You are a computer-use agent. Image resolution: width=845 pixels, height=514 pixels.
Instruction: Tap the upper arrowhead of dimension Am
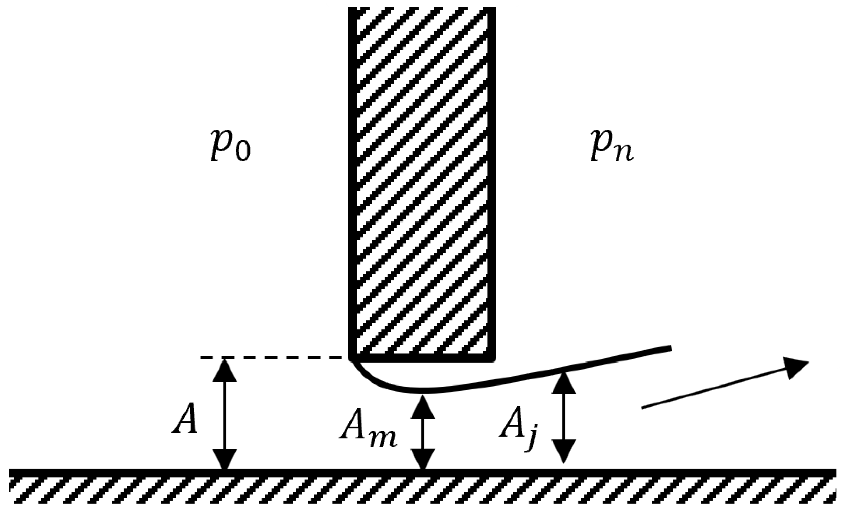[x=423, y=407]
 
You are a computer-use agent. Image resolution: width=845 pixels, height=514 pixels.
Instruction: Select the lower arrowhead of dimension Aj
[x=563, y=451]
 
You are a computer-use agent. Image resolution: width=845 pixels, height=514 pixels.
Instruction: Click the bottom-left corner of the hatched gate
[x=351, y=359]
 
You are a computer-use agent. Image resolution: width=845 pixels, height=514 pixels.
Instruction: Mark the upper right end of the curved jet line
[x=670, y=348]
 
